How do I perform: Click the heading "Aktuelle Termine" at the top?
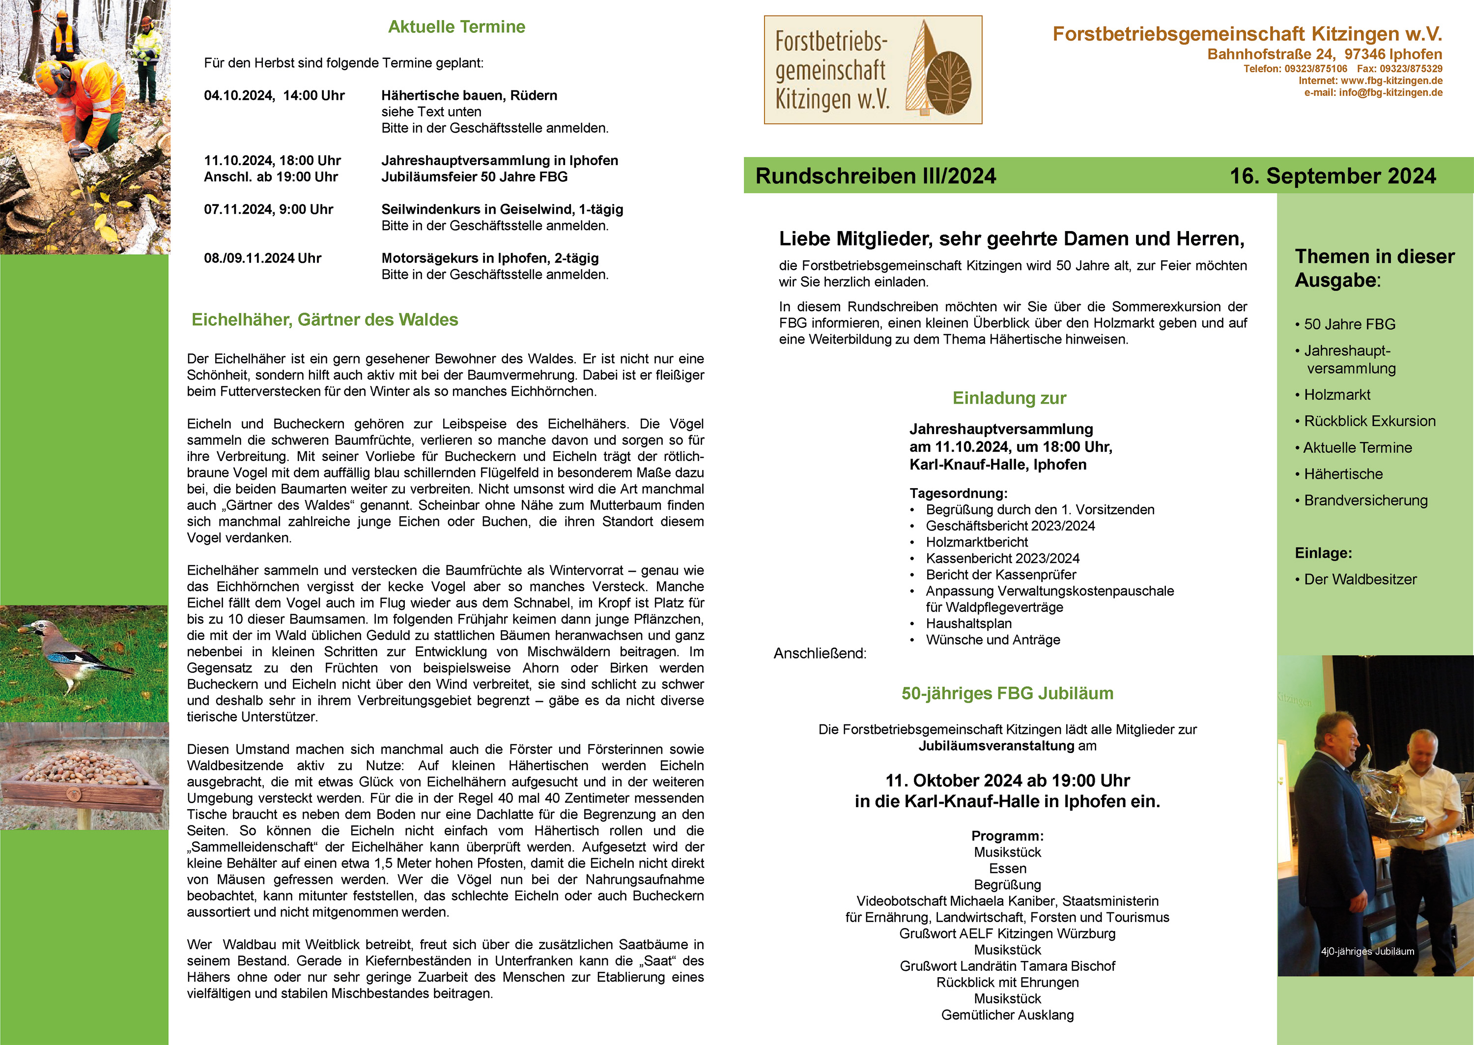pyautogui.click(x=456, y=27)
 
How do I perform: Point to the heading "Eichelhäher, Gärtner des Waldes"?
pyautogui.click(x=324, y=320)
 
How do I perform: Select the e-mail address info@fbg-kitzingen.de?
pyautogui.click(x=1390, y=93)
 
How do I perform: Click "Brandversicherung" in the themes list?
pyautogui.click(x=1365, y=500)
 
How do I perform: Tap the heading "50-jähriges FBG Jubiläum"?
pyautogui.click(x=1007, y=694)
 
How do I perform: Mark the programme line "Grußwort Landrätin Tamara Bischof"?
pyautogui.click(x=1007, y=966)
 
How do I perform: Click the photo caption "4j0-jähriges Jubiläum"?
pyautogui.click(x=1367, y=952)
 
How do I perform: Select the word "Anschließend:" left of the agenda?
pyautogui.click(x=820, y=654)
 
